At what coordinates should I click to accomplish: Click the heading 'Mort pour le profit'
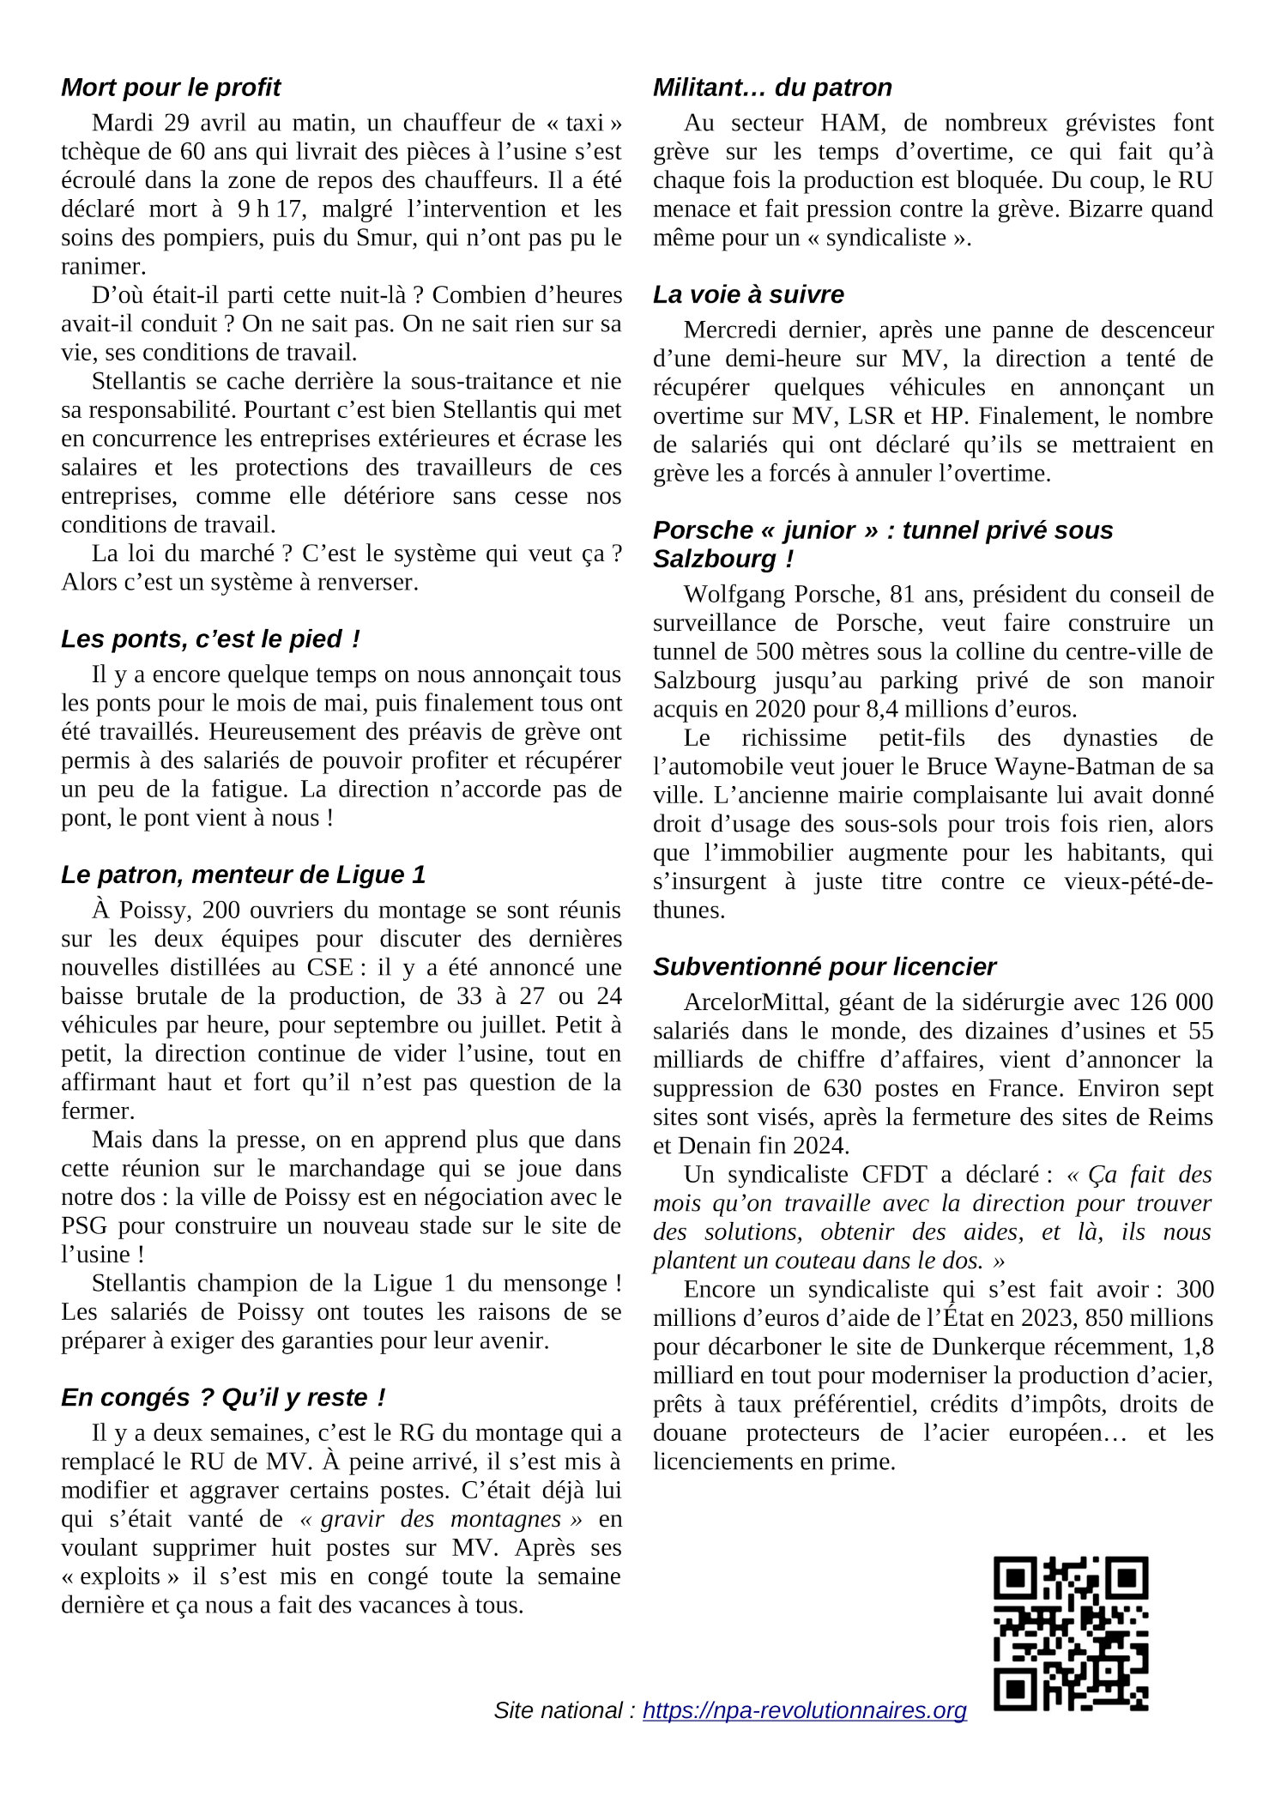coord(171,88)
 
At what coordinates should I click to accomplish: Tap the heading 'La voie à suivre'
coord(748,294)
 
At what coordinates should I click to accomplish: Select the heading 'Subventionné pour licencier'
coord(824,966)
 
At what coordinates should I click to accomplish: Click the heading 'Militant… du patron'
coord(772,88)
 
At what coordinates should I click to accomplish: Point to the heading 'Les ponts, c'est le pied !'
coord(210,638)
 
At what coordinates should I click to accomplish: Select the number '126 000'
coord(1171,1002)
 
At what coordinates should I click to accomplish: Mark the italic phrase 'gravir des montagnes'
coord(440,1518)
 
